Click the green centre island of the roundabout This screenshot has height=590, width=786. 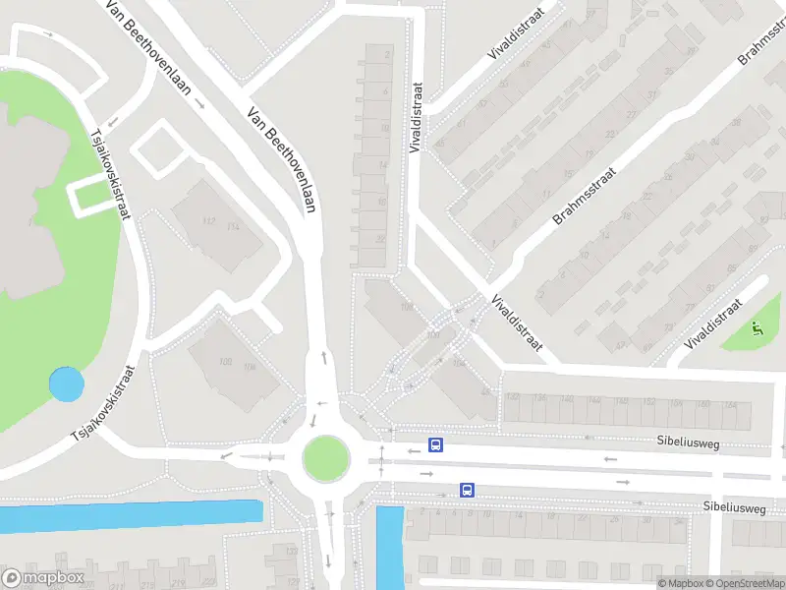tap(325, 457)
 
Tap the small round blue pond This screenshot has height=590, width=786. tap(66, 384)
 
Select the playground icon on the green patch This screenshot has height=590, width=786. tap(756, 329)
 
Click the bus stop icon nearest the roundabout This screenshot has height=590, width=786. tap(436, 444)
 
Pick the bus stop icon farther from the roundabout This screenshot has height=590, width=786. tap(468, 490)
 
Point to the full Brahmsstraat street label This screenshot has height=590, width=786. tap(583, 193)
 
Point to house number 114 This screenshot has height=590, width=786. tap(233, 228)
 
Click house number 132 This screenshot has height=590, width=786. tap(512, 398)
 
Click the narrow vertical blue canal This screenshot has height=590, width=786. tap(390, 546)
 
